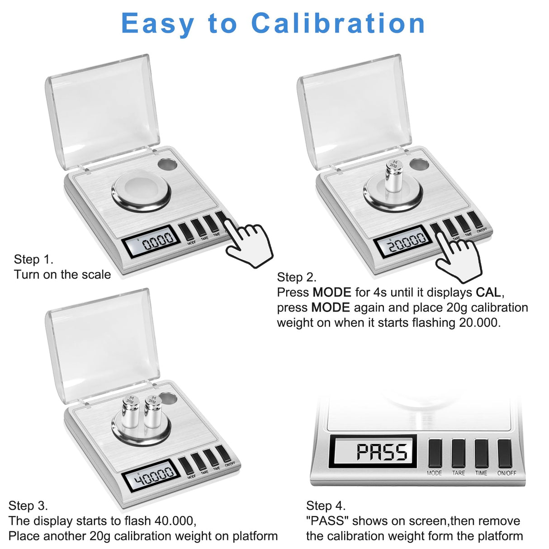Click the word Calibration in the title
coord(338,24)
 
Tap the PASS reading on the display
coord(382,452)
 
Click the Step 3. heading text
coord(28,506)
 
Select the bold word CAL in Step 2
coord(488,292)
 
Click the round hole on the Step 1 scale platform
coord(168,164)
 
